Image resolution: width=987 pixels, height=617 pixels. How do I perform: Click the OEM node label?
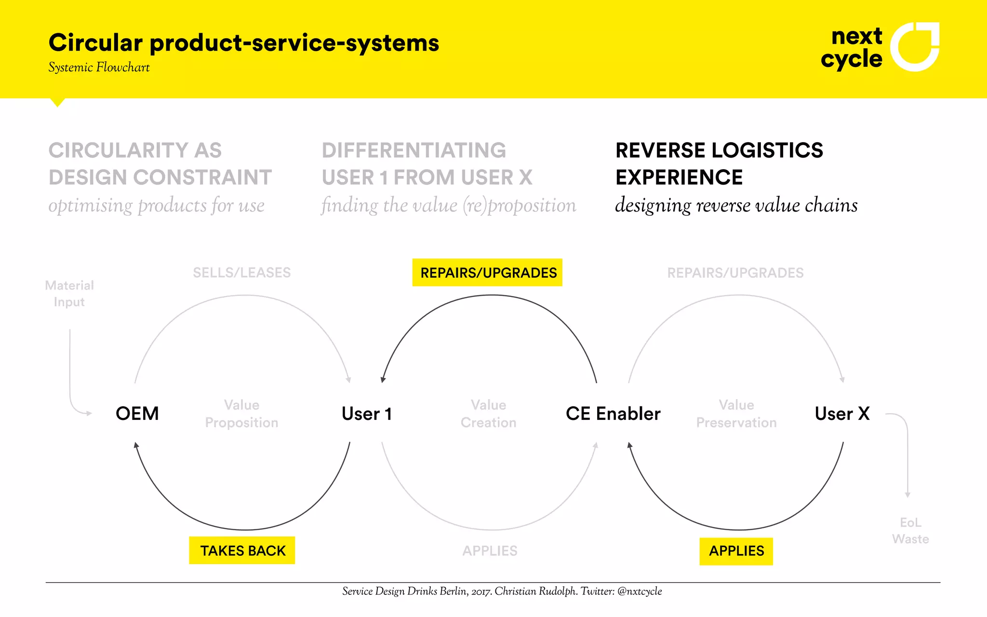(137, 414)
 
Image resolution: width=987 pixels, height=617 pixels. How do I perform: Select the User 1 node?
(366, 414)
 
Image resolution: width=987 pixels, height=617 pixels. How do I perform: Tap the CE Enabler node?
(613, 414)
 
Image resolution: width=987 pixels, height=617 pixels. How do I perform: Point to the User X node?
(842, 414)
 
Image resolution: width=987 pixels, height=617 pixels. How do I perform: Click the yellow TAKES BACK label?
(242, 550)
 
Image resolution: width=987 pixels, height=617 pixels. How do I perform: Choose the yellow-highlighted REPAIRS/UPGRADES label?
(488, 273)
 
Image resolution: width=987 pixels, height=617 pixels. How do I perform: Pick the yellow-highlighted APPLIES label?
(736, 551)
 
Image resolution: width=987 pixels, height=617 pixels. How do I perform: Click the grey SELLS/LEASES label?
(241, 273)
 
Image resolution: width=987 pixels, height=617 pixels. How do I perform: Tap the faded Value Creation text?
(488, 414)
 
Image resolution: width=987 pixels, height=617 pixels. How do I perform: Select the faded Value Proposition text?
(241, 414)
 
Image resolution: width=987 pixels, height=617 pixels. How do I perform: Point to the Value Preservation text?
(736, 414)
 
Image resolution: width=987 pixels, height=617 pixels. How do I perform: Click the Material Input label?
(69, 294)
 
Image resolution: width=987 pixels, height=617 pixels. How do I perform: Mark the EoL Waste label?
(910, 530)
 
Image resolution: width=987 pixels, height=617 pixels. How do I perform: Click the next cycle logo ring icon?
(914, 46)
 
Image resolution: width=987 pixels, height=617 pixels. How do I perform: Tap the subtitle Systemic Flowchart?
(99, 67)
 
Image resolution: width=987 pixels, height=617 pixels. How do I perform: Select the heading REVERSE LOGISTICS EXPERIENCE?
(719, 164)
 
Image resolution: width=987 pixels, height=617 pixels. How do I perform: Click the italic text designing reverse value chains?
(736, 205)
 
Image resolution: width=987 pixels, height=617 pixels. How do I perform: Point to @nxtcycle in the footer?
(640, 591)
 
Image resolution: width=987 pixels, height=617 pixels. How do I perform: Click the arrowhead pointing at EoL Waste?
(907, 495)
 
